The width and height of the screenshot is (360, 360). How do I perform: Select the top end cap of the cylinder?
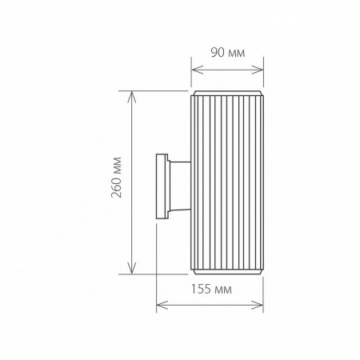click(226, 95)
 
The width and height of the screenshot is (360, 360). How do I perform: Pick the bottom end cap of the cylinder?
click(226, 272)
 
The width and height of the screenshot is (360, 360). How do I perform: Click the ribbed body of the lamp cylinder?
click(226, 184)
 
